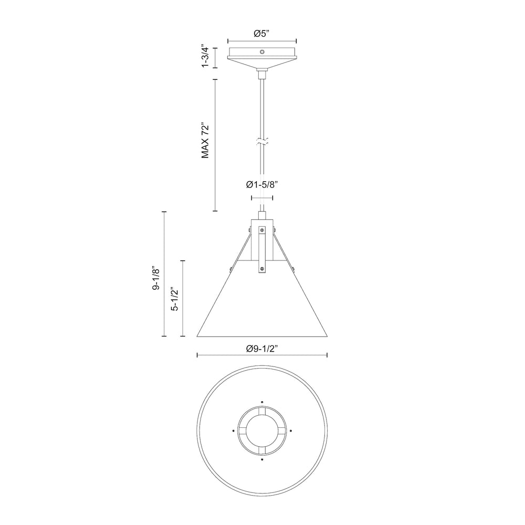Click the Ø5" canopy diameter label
click(x=261, y=34)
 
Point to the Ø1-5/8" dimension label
click(x=261, y=185)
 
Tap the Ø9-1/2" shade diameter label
click(x=261, y=348)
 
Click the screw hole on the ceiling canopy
click(x=262, y=51)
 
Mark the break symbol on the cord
click(x=261, y=142)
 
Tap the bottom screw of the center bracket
click(x=262, y=269)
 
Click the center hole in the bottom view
click(x=262, y=429)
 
